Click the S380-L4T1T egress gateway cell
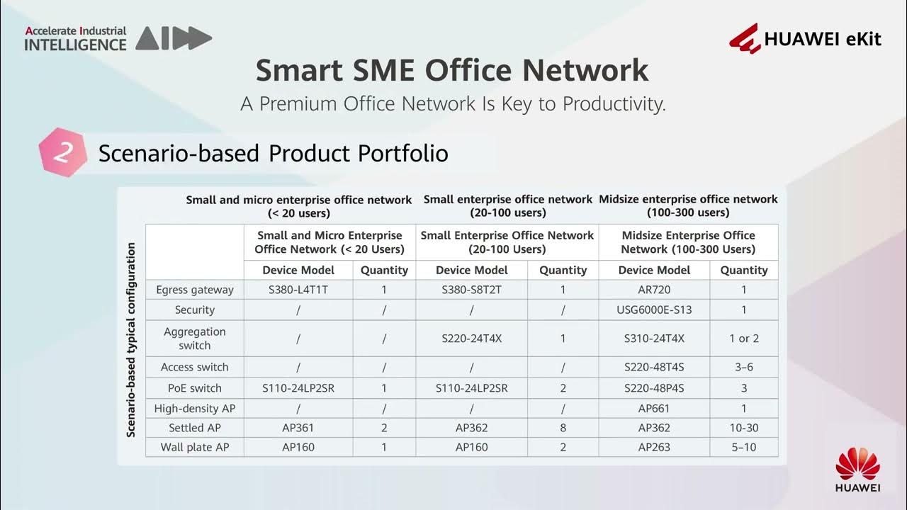(x=298, y=290)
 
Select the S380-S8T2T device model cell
(x=472, y=290)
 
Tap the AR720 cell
(x=654, y=290)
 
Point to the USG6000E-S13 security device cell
(x=654, y=310)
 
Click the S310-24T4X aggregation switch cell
(x=654, y=339)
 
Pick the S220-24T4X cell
(x=472, y=339)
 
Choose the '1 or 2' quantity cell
(x=744, y=339)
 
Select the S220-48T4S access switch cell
(x=654, y=367)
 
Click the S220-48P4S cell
(x=654, y=388)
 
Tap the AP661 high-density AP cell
(x=654, y=408)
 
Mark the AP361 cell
(x=298, y=428)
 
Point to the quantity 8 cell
(x=563, y=428)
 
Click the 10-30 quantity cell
(x=744, y=428)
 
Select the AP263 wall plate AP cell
(x=654, y=447)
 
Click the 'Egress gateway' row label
(x=195, y=290)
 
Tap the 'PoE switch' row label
(x=195, y=388)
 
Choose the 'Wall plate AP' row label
(x=195, y=447)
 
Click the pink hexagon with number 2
(x=62, y=152)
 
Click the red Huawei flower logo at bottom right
(x=857, y=464)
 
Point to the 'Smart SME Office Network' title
(x=452, y=71)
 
